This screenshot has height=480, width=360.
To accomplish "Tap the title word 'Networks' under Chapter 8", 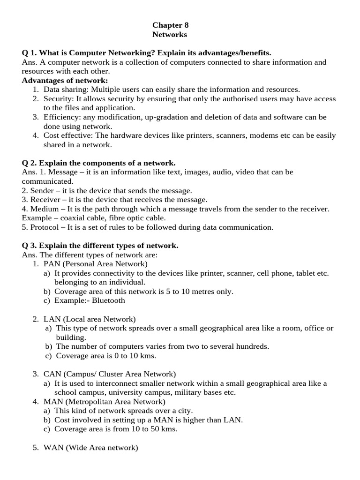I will pos(170,35).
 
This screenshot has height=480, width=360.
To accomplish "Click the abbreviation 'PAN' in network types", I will pos(52,264).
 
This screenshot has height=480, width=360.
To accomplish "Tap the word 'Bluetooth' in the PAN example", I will pos(108,300).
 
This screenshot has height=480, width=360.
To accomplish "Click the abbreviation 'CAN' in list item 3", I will pos(52,374).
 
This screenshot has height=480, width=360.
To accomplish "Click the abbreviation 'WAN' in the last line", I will pos(53,448).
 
